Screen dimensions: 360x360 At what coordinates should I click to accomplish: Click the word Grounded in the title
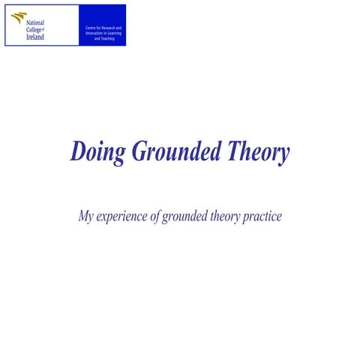177,151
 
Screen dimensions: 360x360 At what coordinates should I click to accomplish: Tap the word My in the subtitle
86,217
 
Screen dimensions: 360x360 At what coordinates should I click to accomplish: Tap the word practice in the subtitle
262,217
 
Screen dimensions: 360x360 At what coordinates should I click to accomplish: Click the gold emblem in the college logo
18,17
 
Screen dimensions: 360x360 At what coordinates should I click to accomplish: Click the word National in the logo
35,23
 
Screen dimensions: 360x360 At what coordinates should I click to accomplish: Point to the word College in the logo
34,30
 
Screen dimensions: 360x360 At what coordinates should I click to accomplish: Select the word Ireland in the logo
35,37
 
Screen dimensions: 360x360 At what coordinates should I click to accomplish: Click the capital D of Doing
78,151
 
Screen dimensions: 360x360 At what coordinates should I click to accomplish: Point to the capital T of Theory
233,151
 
